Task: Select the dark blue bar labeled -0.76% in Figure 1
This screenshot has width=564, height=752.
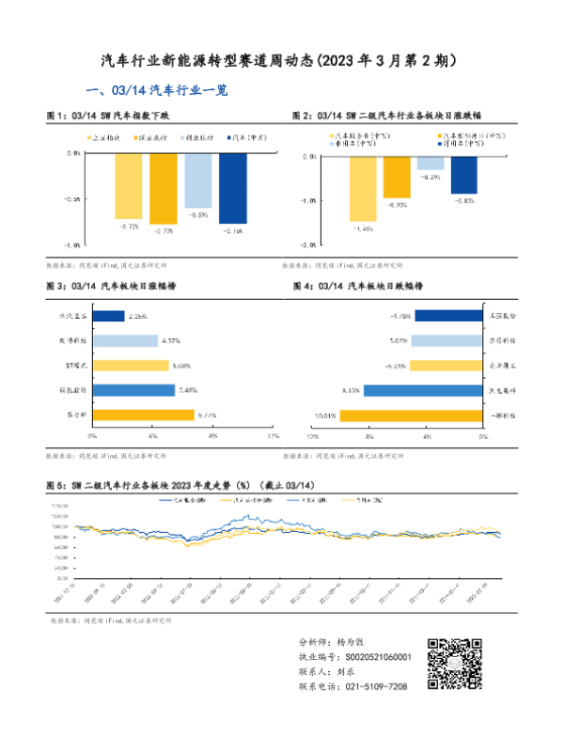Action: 232,188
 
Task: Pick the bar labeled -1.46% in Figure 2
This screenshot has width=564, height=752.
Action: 362,188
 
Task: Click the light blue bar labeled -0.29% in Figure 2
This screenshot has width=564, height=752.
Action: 431,163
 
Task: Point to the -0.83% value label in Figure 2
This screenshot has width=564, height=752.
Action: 463,200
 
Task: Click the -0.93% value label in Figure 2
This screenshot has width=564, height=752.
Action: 396,204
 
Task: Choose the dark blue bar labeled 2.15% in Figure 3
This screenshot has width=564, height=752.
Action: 110,317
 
